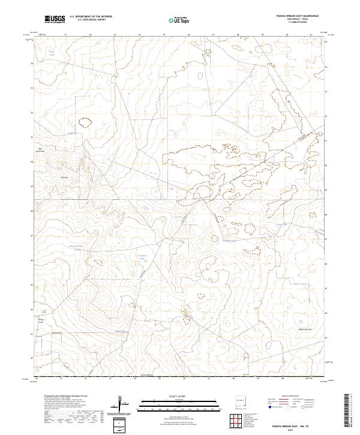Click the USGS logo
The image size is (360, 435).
tap(55, 19)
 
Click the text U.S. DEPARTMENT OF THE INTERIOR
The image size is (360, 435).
tap(91, 17)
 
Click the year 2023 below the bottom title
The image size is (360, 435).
tap(293, 428)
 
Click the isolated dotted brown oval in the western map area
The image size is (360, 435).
tap(86, 122)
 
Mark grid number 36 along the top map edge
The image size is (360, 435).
tap(189, 35)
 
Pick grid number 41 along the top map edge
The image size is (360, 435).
tap(312, 35)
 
